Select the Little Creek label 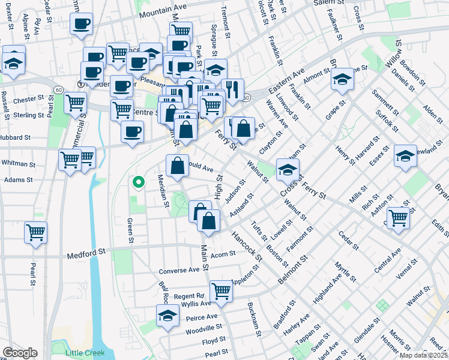(84, 353)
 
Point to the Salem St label (327, 3)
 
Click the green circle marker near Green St (138, 182)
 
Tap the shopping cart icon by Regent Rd (221, 291)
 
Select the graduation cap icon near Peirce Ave (167, 316)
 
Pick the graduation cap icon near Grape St (342, 79)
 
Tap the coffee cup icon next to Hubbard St (132, 131)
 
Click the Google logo (20, 353)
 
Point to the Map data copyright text (423, 355)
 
